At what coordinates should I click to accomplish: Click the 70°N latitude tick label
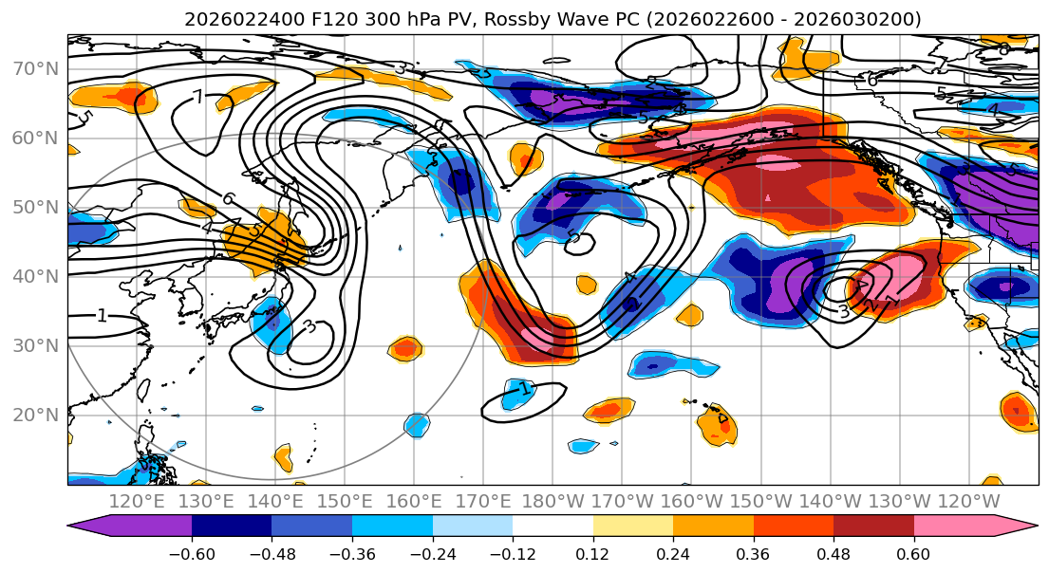point(34,69)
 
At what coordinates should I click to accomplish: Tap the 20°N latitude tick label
point(34,416)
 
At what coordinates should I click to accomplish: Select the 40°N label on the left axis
point(34,277)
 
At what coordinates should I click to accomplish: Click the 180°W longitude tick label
point(553,501)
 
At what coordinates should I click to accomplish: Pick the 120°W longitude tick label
point(968,501)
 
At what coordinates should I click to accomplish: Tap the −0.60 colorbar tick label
point(192,552)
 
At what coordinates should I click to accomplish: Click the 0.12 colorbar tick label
point(592,552)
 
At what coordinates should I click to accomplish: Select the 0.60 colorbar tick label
point(913,552)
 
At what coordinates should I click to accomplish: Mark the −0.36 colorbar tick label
point(352,552)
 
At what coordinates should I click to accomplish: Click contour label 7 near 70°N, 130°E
point(197,97)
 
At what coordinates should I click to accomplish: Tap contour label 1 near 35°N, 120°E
point(101,316)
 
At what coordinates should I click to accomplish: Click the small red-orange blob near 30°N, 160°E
point(405,348)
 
